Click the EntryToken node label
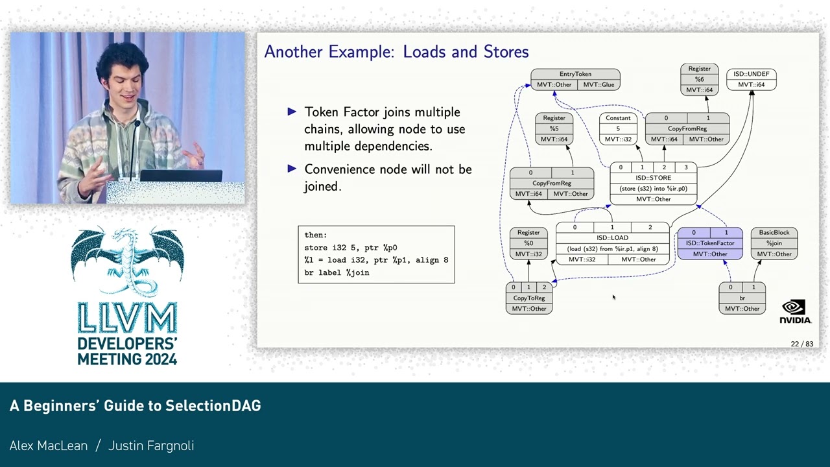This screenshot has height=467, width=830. click(575, 74)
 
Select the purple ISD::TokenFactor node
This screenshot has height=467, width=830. click(710, 243)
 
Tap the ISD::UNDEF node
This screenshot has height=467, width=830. click(751, 79)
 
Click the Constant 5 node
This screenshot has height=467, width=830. click(618, 128)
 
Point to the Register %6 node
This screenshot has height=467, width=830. click(699, 79)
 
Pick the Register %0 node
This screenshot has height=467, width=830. click(528, 243)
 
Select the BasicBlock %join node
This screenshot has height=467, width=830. click(774, 243)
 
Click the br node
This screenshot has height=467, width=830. click(742, 298)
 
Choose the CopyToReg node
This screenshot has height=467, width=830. click(529, 298)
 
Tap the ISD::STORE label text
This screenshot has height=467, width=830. click(653, 178)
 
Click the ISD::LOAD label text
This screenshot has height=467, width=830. click(612, 238)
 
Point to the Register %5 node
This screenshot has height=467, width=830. click(554, 128)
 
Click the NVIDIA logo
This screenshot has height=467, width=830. click(795, 311)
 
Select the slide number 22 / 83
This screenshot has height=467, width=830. click(801, 344)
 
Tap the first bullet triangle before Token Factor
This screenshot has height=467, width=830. click(292, 112)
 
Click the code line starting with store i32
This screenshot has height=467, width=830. click(351, 248)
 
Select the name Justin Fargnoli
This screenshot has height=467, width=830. click(151, 446)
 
